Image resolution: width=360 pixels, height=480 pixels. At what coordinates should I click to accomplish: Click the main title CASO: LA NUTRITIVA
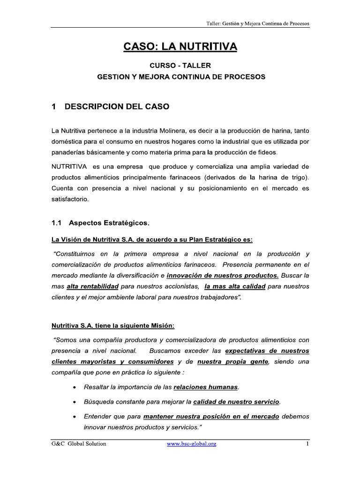click(x=180, y=46)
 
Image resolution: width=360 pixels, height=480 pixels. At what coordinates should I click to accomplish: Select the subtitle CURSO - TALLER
click(x=180, y=66)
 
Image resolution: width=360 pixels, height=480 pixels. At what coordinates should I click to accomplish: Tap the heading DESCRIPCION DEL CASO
click(x=117, y=107)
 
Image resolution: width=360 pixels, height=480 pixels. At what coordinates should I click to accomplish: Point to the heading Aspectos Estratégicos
click(x=109, y=222)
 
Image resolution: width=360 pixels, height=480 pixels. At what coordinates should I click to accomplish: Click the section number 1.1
click(x=57, y=222)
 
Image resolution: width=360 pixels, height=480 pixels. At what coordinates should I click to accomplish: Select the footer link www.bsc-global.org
click(x=191, y=443)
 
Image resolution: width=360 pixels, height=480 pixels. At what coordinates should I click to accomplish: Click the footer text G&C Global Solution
click(x=79, y=443)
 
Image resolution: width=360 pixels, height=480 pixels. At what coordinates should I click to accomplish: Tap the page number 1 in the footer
click(x=307, y=443)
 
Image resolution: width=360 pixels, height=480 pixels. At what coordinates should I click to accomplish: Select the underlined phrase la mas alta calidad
click(x=235, y=286)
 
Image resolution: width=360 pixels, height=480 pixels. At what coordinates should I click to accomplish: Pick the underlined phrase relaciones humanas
click(x=206, y=387)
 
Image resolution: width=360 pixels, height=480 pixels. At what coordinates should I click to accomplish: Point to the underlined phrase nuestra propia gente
click(x=233, y=362)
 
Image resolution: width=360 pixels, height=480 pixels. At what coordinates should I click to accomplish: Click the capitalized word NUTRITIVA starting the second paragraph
click(x=69, y=167)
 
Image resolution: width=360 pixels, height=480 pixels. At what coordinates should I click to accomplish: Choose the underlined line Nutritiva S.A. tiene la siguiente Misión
click(x=112, y=326)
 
